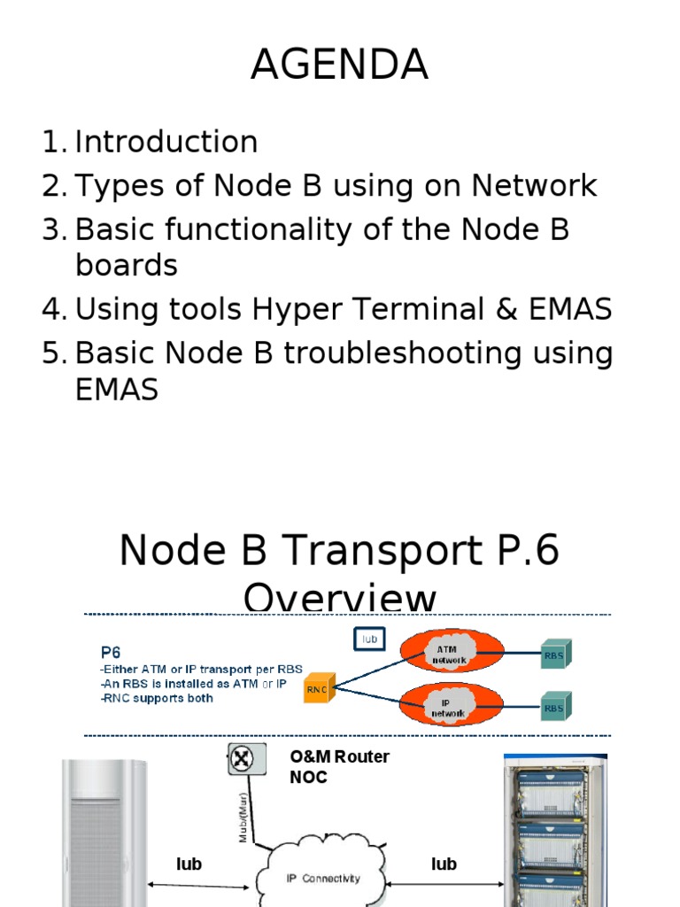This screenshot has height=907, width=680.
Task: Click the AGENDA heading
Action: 339,66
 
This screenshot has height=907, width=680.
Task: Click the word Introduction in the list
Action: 166,142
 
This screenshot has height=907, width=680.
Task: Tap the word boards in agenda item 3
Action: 126,265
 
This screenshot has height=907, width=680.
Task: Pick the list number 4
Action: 52,309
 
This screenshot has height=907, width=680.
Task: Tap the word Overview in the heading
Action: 339,599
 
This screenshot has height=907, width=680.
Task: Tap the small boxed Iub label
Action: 367,638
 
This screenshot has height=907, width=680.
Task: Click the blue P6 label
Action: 112,651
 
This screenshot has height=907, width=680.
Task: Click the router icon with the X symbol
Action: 242,759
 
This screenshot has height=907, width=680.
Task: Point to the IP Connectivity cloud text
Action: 323,878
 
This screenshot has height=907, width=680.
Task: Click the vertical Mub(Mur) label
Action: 243,815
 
